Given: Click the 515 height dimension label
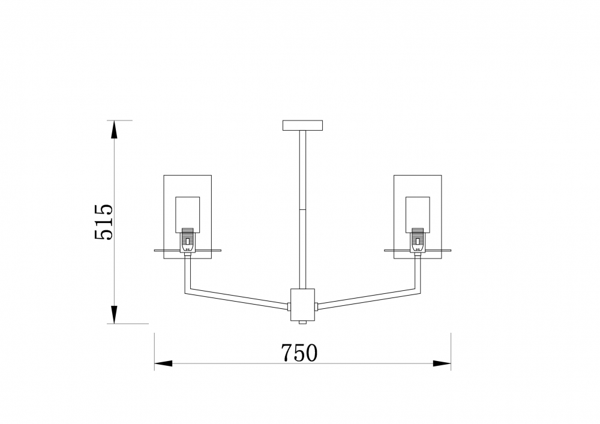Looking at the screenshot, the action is pyautogui.click(x=104, y=222).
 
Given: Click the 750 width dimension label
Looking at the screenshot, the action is pyautogui.click(x=299, y=353).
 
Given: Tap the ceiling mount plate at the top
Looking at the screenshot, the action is pyautogui.click(x=302, y=125).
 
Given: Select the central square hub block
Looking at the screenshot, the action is pyautogui.click(x=302, y=305).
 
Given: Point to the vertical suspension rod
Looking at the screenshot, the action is pyautogui.click(x=302, y=209).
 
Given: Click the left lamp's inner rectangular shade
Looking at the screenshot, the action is pyautogui.click(x=187, y=215).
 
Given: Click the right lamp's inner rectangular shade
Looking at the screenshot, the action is pyautogui.click(x=418, y=215).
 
